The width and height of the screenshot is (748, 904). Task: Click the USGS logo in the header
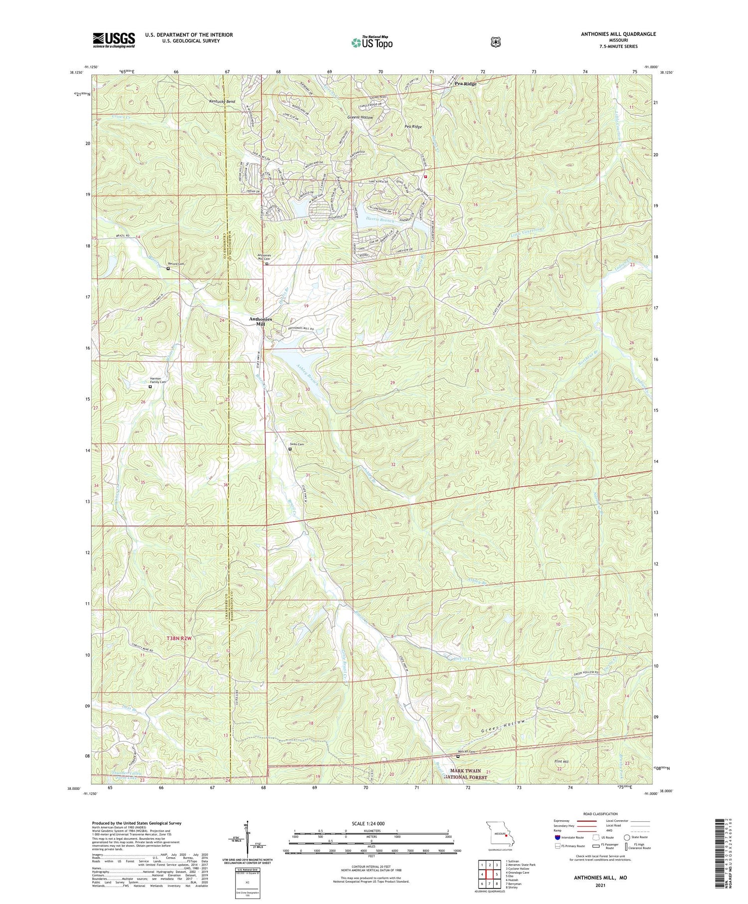point(114,39)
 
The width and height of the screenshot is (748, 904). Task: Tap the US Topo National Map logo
point(372,42)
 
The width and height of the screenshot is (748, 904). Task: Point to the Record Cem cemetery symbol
point(168,268)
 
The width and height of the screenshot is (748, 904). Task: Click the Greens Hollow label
point(360,117)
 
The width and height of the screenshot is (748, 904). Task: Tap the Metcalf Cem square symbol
point(458,756)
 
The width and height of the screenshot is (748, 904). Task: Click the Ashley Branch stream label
point(306,370)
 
